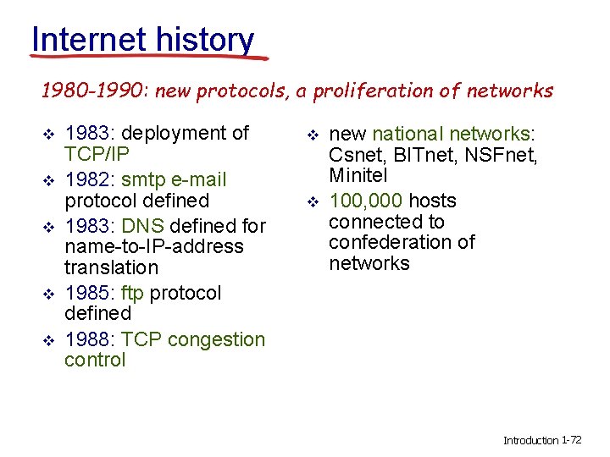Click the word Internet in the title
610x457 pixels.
click(89, 39)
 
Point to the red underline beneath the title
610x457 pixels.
click(149, 58)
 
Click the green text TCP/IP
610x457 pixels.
click(97, 154)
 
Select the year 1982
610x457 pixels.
click(87, 180)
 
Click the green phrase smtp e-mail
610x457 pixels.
click(174, 180)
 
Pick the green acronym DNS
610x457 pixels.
click(143, 226)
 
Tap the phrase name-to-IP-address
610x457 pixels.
click(154, 247)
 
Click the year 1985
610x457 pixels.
click(87, 293)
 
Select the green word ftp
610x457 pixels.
click(132, 293)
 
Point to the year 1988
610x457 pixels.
click(87, 339)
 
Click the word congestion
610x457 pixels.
click(216, 340)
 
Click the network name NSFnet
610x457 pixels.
click(501, 155)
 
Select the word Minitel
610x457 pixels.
click(358, 175)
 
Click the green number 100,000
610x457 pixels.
click(366, 201)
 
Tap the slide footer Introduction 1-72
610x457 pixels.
click(542, 440)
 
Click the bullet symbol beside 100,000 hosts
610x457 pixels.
click(313, 202)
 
